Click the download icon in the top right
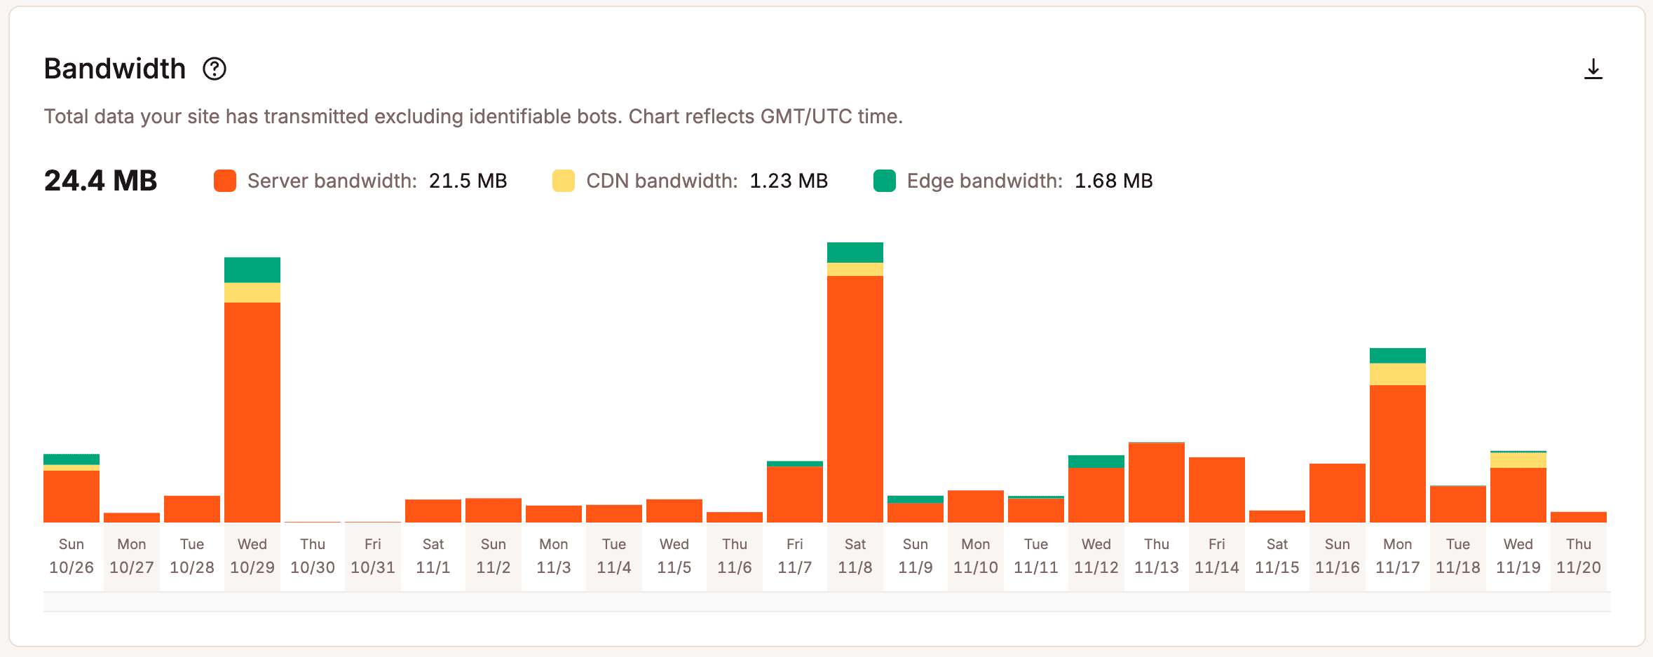(x=1593, y=69)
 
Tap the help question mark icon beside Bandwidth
(x=215, y=69)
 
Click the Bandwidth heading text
(x=115, y=69)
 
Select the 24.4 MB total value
(x=100, y=181)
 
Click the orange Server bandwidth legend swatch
(x=225, y=181)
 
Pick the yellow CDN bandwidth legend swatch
(x=563, y=181)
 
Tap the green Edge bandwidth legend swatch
(x=884, y=181)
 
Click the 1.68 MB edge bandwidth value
(x=1113, y=181)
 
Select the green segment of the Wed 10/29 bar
(x=252, y=270)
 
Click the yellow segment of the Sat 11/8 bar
(x=855, y=269)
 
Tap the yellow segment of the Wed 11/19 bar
(x=1518, y=460)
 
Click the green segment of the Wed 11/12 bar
(x=1096, y=461)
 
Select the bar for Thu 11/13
(x=1156, y=483)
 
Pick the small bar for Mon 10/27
(x=132, y=518)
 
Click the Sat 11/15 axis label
(x=1277, y=556)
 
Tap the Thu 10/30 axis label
(x=313, y=556)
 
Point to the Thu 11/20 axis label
(x=1578, y=556)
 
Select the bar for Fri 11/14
(x=1216, y=490)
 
